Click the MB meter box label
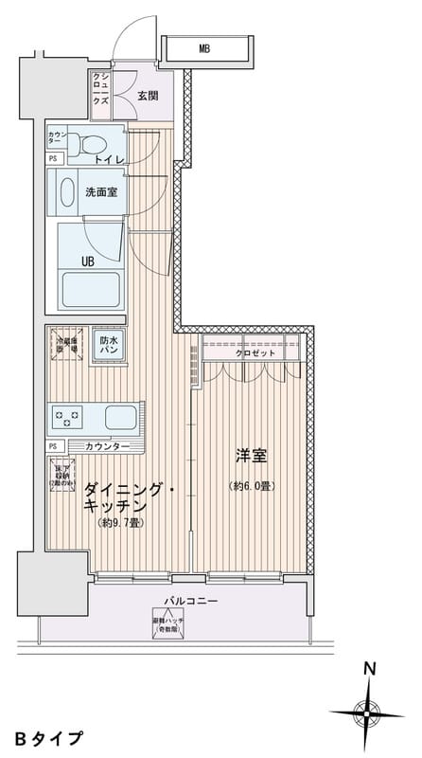(204, 47)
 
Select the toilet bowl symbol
(94, 144)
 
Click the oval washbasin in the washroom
(68, 193)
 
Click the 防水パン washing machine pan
(109, 345)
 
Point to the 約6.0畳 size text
(251, 487)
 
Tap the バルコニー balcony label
(190, 602)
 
